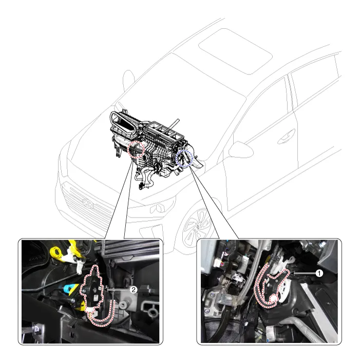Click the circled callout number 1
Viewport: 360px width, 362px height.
click(x=319, y=274)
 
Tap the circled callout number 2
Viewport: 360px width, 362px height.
click(x=134, y=289)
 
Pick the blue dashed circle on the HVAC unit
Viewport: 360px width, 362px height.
click(x=184, y=158)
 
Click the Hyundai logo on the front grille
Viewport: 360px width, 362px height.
click(x=88, y=203)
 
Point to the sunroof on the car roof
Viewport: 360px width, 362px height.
click(x=235, y=51)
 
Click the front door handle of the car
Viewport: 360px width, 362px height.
click(x=286, y=137)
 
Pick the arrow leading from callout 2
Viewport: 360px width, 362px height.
click(x=117, y=289)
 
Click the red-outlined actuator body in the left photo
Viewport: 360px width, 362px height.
click(x=91, y=289)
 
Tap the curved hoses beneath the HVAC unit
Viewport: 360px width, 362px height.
click(x=146, y=176)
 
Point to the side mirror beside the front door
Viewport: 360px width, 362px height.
click(x=241, y=150)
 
